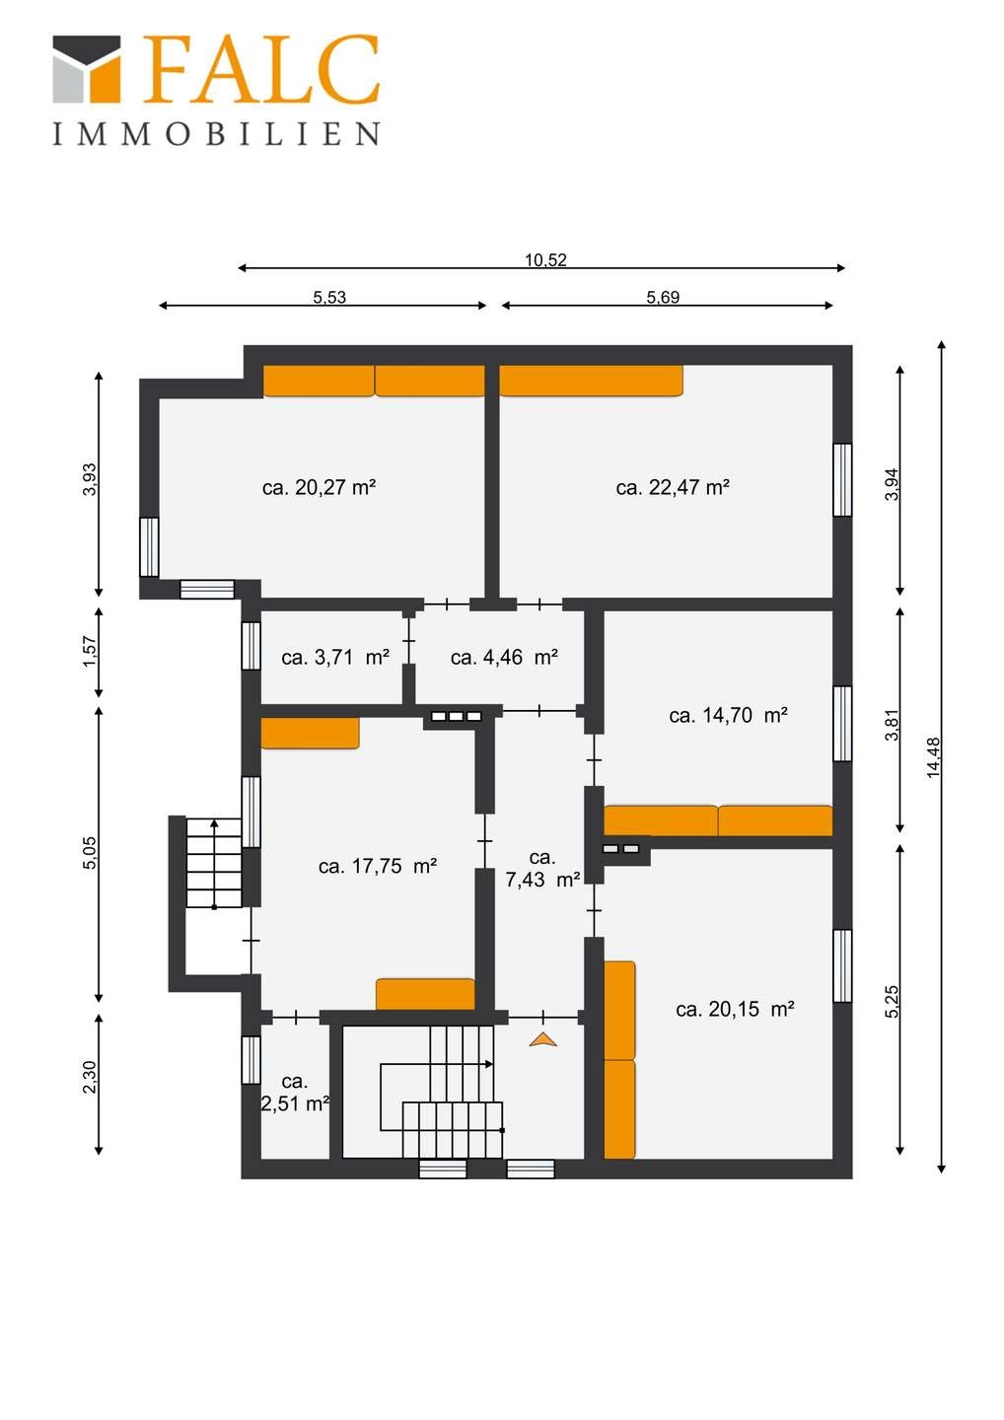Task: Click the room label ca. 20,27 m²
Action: (319, 487)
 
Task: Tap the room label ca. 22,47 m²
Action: (673, 487)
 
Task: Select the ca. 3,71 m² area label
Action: (335, 658)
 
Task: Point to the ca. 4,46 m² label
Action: (504, 658)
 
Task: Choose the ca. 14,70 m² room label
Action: (728, 716)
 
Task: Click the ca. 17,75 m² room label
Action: (378, 866)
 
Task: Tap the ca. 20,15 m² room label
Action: (736, 1009)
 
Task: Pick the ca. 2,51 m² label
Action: (295, 1093)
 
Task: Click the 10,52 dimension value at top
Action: (545, 260)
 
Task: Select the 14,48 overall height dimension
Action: (934, 757)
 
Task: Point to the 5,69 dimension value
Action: (663, 297)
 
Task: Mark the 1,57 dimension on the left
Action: (91, 651)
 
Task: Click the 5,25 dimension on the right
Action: (892, 1002)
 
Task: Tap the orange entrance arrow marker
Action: (543, 1039)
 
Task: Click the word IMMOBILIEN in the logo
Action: (216, 134)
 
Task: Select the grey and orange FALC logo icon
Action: (86, 68)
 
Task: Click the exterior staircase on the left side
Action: (214, 863)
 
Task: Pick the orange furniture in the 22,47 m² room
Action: (592, 381)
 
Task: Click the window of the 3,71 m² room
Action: (251, 645)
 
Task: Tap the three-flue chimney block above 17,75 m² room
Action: (457, 716)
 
